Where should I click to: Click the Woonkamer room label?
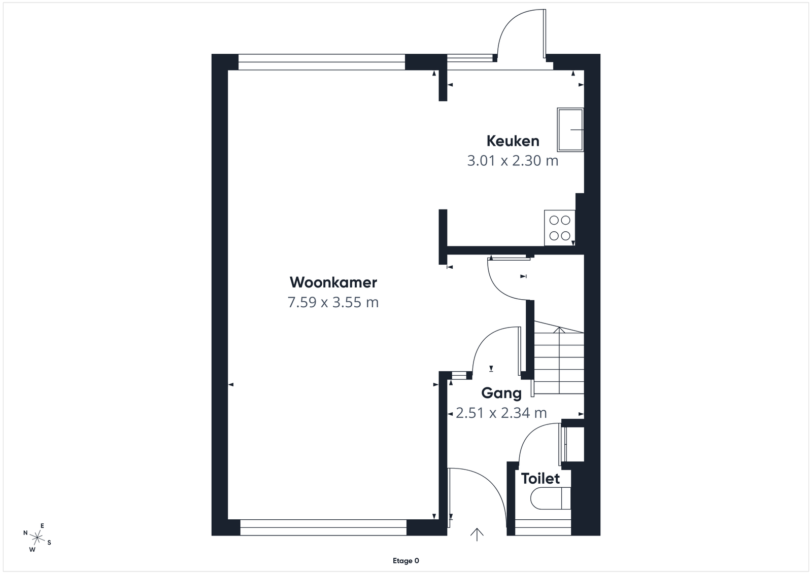pos(333,282)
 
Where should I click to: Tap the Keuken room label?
pos(513,141)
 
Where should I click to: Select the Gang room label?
pos(501,393)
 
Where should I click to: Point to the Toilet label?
pos(540,478)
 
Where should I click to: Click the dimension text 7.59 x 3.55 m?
pos(333,302)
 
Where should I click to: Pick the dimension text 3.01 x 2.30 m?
pos(513,160)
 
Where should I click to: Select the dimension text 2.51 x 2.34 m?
pos(501,413)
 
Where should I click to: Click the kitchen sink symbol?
pos(570,130)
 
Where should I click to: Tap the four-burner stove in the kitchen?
pos(560,228)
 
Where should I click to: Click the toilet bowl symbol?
pos(550,498)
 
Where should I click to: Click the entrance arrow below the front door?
pos(477,534)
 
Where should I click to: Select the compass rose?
pos(37,537)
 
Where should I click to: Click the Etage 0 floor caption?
pos(405,561)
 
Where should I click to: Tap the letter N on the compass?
pos(25,533)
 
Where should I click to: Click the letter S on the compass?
pos(49,543)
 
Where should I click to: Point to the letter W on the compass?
pos(32,549)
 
